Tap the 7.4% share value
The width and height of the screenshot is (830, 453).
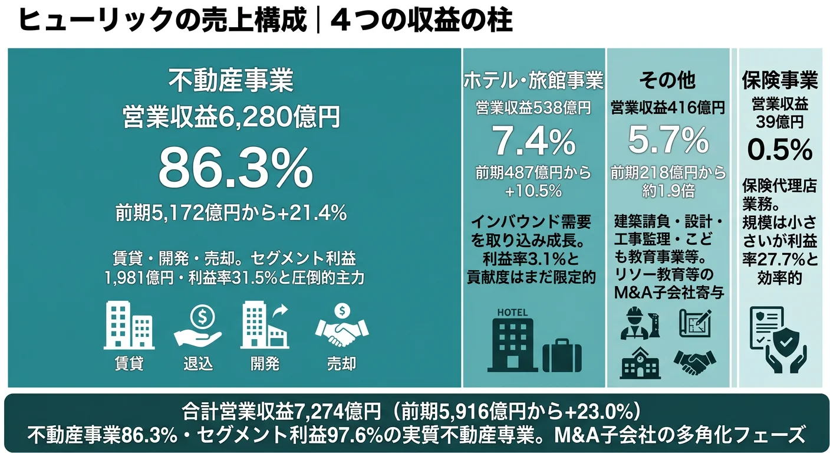coord(533,141)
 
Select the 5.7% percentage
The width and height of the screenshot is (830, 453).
coord(668,141)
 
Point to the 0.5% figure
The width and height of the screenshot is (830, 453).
coord(779,149)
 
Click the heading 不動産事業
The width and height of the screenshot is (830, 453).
coord(230,81)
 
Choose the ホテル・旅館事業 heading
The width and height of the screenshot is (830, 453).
coord(533,80)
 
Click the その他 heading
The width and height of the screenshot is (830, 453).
coord(668,80)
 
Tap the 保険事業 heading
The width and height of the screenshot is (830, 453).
coord(779,80)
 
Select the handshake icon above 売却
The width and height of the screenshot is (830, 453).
coord(341,328)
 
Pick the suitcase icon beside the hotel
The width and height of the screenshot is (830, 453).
coord(562,354)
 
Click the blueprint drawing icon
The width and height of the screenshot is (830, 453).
coord(695,323)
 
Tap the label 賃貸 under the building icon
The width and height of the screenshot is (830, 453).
coord(129,363)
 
